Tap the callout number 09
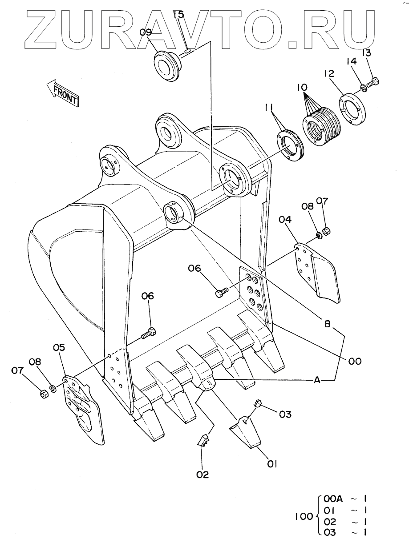[x=146, y=32]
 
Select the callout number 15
[x=178, y=15]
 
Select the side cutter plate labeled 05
[x=83, y=409]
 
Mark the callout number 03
[x=285, y=414]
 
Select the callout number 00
[x=355, y=361]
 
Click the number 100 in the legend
[x=304, y=517]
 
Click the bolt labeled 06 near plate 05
[x=150, y=332]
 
